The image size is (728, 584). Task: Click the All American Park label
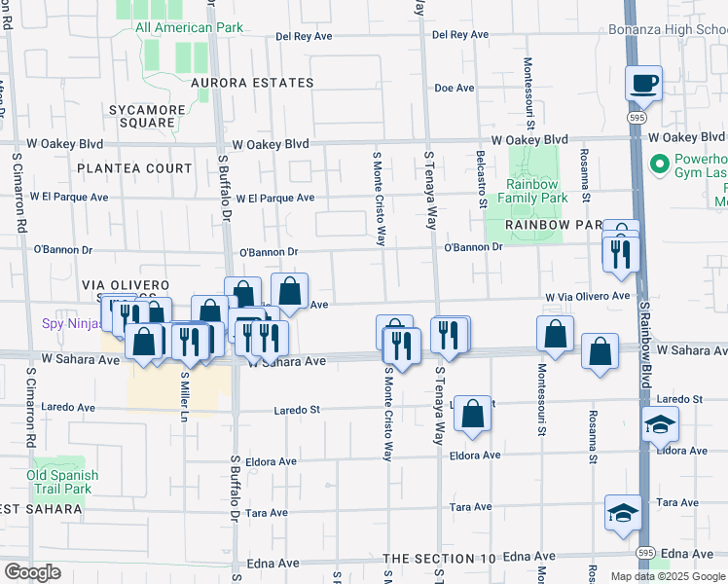click(x=189, y=27)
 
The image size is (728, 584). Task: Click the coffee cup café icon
click(x=643, y=83)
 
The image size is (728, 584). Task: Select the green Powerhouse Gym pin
click(x=658, y=162)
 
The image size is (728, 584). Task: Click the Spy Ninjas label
click(x=69, y=324)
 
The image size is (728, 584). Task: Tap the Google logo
click(x=31, y=572)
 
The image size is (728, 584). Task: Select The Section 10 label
click(x=440, y=559)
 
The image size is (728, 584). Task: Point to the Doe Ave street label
click(x=455, y=88)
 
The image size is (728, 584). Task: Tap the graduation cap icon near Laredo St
click(x=660, y=424)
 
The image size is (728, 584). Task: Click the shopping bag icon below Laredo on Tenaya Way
click(x=472, y=414)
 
